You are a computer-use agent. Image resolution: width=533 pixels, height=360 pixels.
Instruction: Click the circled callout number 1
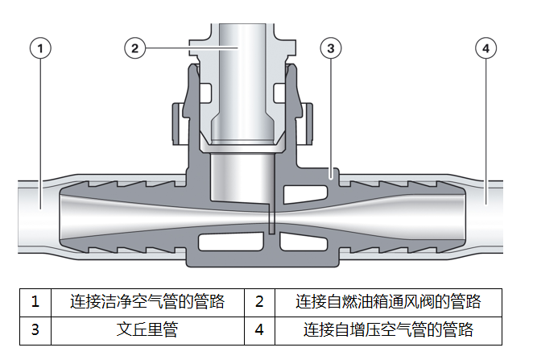click(x=40, y=48)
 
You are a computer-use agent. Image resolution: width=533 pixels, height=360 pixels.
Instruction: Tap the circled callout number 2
click(x=135, y=48)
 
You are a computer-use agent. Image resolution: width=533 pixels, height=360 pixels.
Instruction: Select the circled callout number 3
click(x=331, y=48)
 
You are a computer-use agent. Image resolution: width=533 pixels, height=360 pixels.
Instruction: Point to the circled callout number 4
click(x=485, y=48)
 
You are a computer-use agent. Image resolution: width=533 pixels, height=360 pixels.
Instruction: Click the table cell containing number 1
click(x=35, y=303)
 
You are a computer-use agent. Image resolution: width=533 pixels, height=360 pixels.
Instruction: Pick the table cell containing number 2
click(x=259, y=303)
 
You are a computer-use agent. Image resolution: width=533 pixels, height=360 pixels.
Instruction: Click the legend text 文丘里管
click(x=147, y=329)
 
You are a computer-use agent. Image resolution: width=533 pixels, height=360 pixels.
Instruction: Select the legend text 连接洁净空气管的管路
click(x=147, y=301)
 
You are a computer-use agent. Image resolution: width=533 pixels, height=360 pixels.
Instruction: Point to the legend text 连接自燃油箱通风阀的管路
click(x=388, y=301)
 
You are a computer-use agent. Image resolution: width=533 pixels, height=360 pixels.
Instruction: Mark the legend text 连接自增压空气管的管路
click(x=388, y=329)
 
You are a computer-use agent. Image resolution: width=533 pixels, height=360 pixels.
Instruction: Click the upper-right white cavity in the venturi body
click(x=305, y=194)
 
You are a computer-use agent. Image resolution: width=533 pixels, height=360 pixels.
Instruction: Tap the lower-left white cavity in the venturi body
click(x=231, y=242)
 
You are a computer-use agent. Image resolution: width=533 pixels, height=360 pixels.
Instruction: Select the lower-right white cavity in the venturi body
click(x=304, y=242)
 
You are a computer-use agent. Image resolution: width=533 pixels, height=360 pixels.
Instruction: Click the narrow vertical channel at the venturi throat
click(x=271, y=218)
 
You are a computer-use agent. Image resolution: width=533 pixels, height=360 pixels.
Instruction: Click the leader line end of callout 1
click(x=40, y=209)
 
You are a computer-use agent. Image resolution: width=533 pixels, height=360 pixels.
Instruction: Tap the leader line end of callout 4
click(x=485, y=205)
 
